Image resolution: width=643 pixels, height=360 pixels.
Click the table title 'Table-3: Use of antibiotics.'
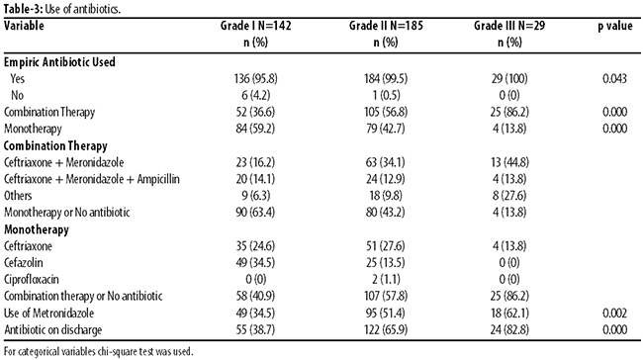[x=62, y=9]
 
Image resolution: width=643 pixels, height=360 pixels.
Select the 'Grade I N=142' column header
[x=256, y=26]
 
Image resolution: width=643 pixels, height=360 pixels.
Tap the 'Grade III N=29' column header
[x=509, y=26]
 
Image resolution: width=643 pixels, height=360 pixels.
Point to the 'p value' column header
[x=614, y=26]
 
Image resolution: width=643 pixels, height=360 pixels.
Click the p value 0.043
[x=614, y=78]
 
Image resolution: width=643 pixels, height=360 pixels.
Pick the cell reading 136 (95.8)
[x=256, y=78]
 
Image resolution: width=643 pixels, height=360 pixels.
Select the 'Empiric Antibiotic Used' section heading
[x=59, y=62]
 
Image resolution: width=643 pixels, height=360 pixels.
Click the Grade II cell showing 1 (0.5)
[x=386, y=95]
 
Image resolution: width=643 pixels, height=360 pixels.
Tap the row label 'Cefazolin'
[x=24, y=262]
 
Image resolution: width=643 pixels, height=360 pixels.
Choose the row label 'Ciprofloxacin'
[x=32, y=279]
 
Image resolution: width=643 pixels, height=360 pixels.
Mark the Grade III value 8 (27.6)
[x=509, y=196]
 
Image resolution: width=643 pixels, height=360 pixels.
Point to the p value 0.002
[x=614, y=313]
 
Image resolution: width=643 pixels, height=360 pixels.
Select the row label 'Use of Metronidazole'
[x=48, y=313]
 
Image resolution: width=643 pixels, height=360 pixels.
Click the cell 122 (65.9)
[x=386, y=329]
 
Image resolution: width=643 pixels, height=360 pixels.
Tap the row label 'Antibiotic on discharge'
[x=52, y=329]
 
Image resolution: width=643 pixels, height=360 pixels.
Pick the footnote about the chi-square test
[x=98, y=351]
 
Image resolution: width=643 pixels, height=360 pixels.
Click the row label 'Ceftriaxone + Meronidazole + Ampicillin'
[x=92, y=179]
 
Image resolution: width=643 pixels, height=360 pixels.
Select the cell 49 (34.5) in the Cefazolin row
[x=256, y=262]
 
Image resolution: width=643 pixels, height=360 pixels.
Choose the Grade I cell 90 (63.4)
[x=256, y=213]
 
